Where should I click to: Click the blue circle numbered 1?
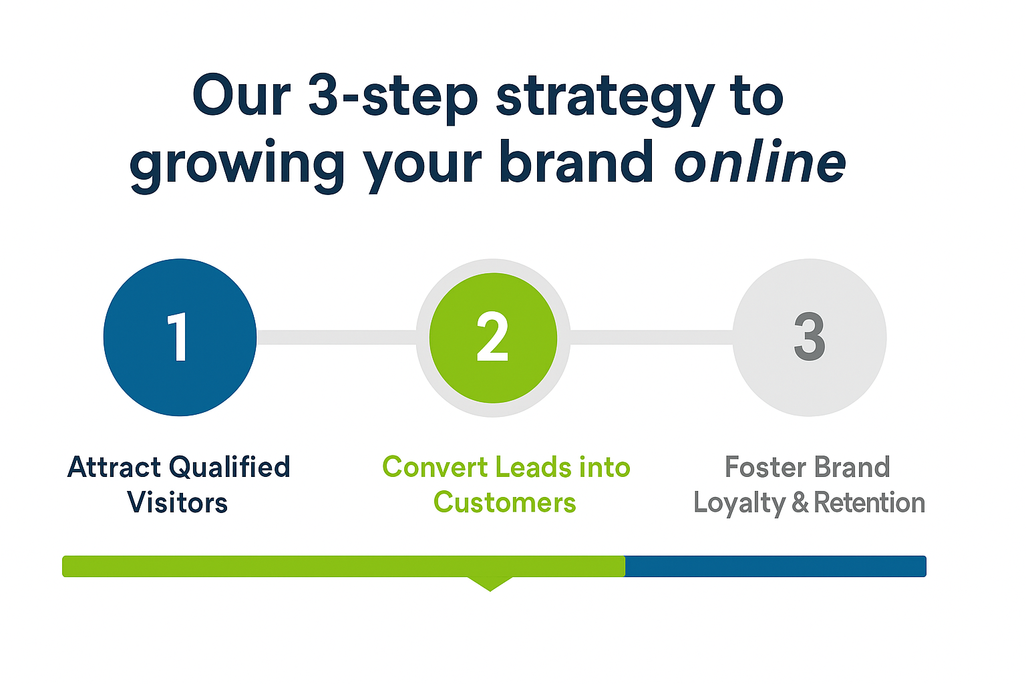(x=180, y=337)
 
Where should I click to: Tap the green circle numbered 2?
(x=493, y=338)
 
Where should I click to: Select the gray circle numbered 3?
(x=810, y=337)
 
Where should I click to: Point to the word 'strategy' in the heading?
(x=605, y=98)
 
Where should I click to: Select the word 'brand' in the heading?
(x=576, y=161)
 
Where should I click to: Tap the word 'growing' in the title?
(x=237, y=166)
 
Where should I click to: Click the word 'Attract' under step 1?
(x=114, y=468)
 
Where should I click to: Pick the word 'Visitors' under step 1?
(x=177, y=502)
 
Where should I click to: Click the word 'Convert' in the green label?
(x=435, y=468)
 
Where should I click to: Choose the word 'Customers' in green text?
(x=505, y=502)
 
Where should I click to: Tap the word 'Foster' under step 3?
(x=765, y=468)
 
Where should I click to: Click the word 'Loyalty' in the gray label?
(x=739, y=504)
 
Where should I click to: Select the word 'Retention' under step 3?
(x=869, y=502)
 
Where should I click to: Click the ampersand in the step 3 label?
(x=800, y=502)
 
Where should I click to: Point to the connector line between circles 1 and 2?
(x=337, y=337)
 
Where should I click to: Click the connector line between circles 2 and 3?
(x=651, y=337)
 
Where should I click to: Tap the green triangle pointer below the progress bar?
(x=490, y=584)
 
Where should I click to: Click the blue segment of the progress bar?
(x=776, y=566)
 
